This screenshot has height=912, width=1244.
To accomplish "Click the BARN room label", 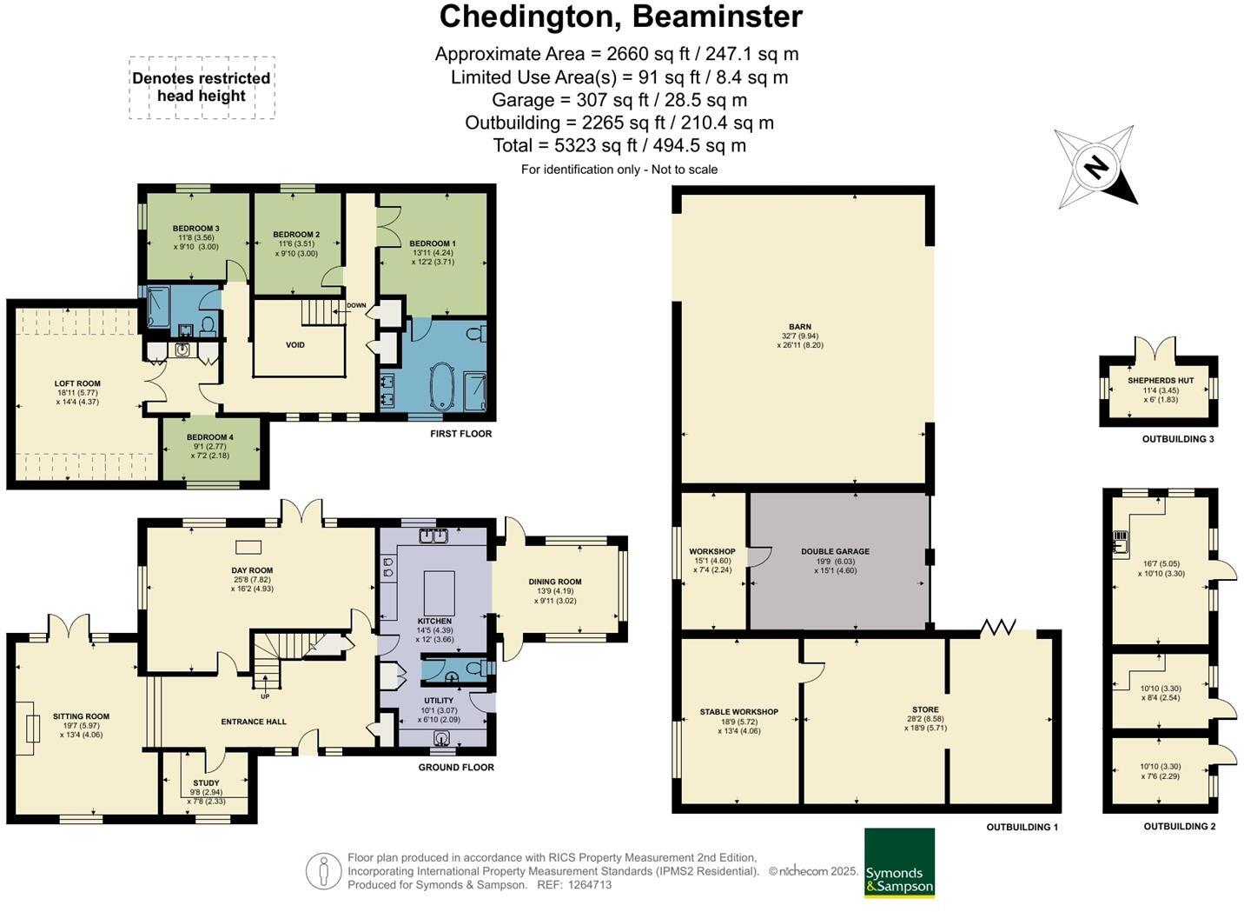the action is tap(800, 327).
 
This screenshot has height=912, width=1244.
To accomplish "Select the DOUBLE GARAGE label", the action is tap(835, 551).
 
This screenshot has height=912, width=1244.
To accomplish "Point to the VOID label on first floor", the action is tap(294, 345).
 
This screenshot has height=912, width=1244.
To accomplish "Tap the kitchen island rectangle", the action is tap(440, 592).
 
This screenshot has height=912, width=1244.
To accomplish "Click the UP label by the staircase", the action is tap(265, 696).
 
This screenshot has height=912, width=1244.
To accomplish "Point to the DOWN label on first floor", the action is tap(356, 305).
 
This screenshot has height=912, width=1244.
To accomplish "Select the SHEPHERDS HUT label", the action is tap(1161, 381).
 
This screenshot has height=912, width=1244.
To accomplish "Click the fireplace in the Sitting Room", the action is tap(27, 728).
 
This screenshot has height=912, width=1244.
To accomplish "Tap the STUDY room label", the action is tap(206, 783).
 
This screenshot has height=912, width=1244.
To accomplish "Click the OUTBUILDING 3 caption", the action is tap(1178, 439).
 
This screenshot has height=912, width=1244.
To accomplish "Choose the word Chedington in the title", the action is tap(531, 17).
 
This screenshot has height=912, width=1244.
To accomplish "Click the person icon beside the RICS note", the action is tap(323, 871).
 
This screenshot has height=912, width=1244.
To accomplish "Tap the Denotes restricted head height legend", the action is tap(202, 87).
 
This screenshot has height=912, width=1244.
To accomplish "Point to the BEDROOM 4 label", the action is tap(210, 437).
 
